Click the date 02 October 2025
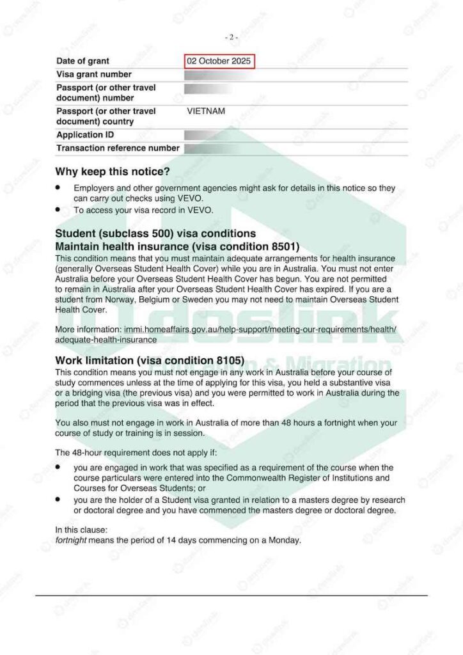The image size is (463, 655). point(219,61)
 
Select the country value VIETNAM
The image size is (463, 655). point(206,111)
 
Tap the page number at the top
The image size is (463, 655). point(231,37)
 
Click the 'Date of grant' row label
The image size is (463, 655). point(82,61)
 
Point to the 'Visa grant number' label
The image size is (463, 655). point(94,75)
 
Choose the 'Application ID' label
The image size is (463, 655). point(81,135)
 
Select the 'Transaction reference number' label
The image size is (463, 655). point(118,148)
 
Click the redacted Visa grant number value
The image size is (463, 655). point(205,75)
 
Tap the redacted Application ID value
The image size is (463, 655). point(205,135)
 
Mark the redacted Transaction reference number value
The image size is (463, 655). point(205,148)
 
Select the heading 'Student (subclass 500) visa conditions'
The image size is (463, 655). point(155,233)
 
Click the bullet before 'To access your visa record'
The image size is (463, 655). point(58,209)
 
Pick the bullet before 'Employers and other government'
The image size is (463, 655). point(58,189)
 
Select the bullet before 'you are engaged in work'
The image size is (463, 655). point(58,468)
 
